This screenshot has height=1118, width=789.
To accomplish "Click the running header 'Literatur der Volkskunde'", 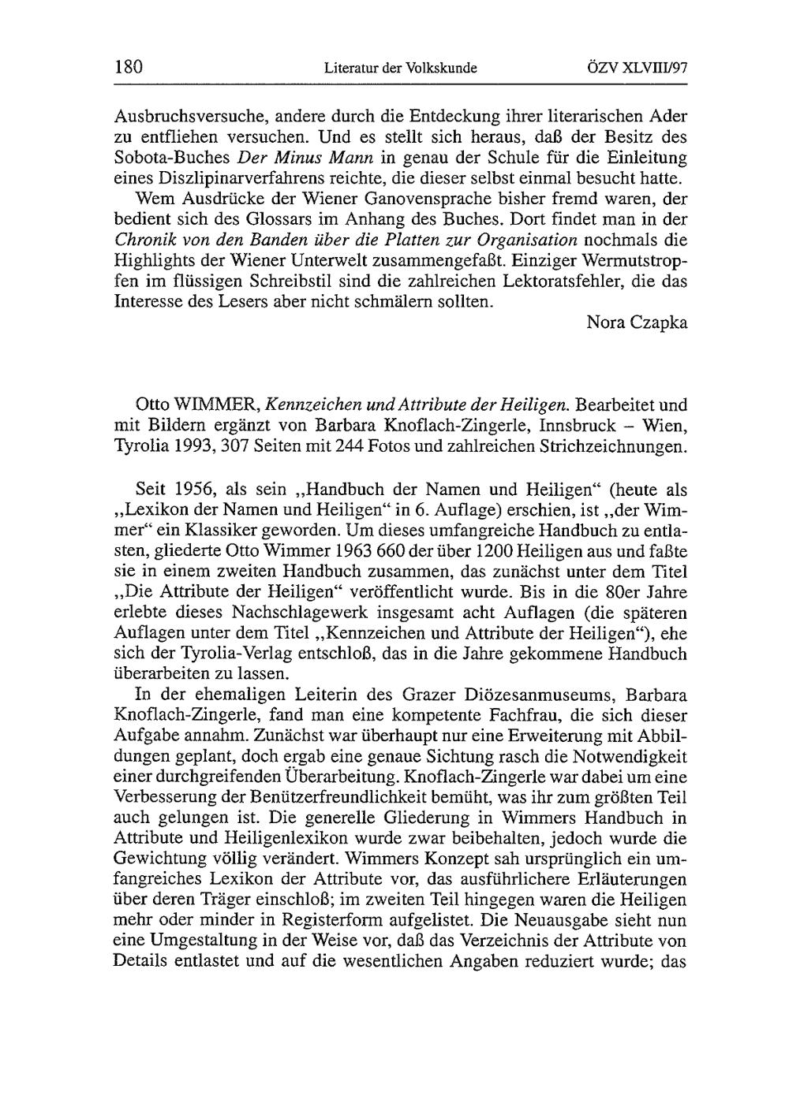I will click(401, 68).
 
